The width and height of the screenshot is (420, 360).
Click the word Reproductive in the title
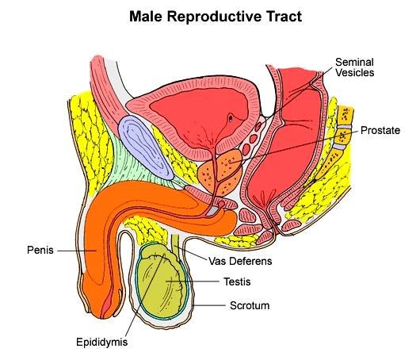214,17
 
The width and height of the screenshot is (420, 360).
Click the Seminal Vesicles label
354,67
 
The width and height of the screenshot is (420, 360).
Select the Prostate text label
380,130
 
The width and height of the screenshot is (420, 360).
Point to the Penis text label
40,250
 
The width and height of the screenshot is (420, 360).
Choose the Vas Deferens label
240,261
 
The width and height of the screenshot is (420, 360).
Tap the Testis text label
237,281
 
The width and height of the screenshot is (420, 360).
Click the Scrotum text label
250,305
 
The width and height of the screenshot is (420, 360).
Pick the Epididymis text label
101,343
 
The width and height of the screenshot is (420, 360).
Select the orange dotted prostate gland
220,171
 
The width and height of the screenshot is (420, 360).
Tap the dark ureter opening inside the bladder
231,117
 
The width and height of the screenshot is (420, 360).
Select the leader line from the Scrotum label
209,305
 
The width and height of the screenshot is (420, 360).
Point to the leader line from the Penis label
77,251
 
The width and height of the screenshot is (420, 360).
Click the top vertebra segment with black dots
345,115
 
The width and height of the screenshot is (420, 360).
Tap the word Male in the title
146,17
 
